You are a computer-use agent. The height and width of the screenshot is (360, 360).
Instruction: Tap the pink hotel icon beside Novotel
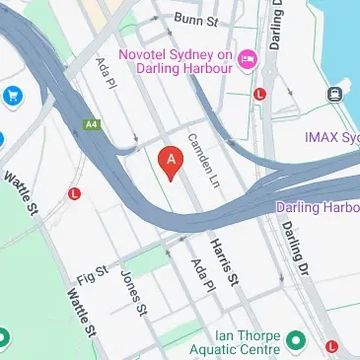coord(247,60)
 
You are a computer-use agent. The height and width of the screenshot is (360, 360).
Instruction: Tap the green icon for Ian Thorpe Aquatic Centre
coord(294,343)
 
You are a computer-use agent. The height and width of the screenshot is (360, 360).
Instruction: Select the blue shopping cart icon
coord(13,96)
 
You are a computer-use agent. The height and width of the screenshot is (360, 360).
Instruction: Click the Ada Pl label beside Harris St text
coord(201,277)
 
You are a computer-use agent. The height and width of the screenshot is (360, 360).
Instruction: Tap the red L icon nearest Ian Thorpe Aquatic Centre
coord(333,346)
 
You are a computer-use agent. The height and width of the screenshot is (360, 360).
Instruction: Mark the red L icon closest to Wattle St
coord(74,194)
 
